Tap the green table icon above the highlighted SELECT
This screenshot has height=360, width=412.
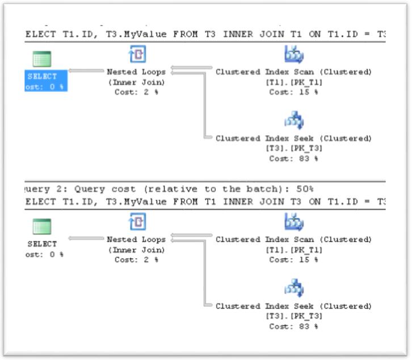point(41,58)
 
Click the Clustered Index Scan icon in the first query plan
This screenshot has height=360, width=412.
point(293,55)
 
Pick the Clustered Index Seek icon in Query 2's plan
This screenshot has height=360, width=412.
point(293,288)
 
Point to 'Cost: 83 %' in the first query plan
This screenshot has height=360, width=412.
point(293,158)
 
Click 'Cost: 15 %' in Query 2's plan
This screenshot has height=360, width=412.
point(293,259)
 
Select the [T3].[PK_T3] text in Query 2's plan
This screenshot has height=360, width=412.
point(293,316)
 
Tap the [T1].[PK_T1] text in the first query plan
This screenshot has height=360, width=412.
point(293,82)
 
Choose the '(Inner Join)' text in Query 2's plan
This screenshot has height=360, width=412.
point(136,250)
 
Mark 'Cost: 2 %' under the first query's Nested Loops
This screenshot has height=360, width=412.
point(136,92)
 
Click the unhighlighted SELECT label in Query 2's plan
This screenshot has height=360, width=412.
point(42,244)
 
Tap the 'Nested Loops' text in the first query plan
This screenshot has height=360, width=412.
point(136,72)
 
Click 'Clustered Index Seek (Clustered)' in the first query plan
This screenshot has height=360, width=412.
point(293,139)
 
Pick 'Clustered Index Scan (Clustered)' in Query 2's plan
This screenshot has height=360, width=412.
point(293,240)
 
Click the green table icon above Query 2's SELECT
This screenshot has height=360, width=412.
point(41,227)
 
